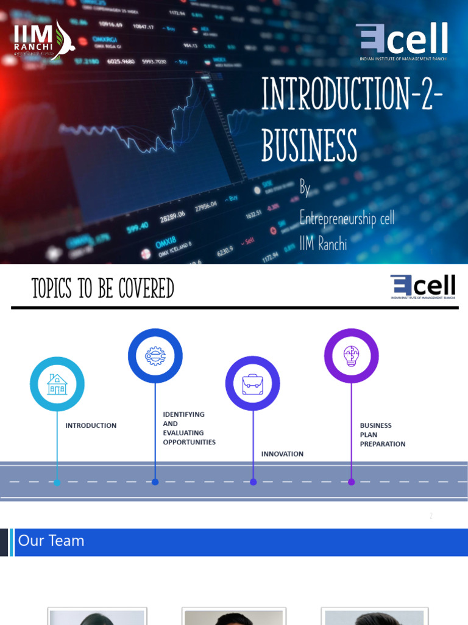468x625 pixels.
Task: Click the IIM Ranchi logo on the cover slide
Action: tap(43, 40)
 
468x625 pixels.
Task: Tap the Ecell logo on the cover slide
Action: tap(402, 41)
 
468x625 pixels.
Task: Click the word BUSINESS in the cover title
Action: tap(309, 145)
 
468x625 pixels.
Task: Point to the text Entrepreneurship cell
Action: tap(347, 217)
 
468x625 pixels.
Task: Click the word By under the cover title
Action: tap(305, 189)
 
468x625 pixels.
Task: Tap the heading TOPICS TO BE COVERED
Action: tap(103, 288)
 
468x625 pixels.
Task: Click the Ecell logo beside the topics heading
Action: tap(422, 287)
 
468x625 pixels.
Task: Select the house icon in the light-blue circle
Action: tap(57, 384)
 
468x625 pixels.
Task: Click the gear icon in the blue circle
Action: tap(155, 356)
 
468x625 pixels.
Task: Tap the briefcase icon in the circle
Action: tap(252, 384)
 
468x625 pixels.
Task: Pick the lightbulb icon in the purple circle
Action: tap(351, 356)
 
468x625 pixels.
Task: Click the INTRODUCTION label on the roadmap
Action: tap(91, 425)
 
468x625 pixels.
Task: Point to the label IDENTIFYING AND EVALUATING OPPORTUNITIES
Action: tap(189, 428)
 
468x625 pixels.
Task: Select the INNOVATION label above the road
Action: tap(282, 454)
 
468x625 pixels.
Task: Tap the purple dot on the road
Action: tap(351, 482)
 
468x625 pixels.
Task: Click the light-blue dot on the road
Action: tap(57, 482)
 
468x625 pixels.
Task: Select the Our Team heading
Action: tap(51, 541)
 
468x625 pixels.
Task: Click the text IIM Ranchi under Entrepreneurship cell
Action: tap(323, 245)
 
